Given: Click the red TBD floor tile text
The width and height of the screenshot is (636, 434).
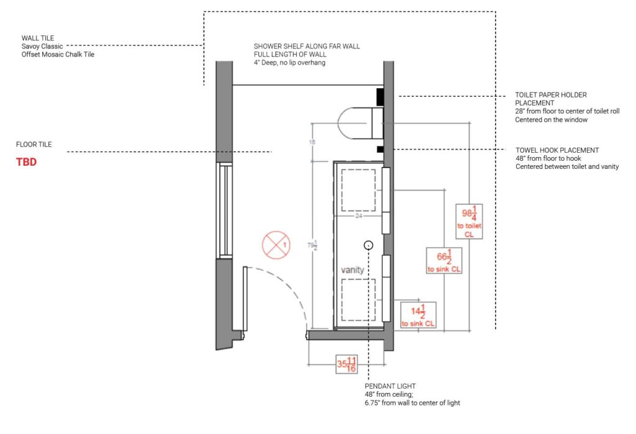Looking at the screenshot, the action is coord(26,162).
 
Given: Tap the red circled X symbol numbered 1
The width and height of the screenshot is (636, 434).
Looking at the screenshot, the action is coord(276,245).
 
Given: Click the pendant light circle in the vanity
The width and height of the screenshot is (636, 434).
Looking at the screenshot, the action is coord(368,245).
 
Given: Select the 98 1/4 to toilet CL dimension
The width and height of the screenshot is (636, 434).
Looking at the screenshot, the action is coord(470,222).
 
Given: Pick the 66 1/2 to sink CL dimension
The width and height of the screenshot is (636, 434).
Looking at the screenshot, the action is coord(444,260).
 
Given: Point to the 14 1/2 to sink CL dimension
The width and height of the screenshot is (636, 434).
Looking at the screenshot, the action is coord(418,315).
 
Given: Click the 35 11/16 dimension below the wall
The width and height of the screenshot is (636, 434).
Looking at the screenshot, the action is coord(347,364).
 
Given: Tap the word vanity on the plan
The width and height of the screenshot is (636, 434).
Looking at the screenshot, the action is coord(353,270).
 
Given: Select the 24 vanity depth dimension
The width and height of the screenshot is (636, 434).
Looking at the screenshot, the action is coord(358,216).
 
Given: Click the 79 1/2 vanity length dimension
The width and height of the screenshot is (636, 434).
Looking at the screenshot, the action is coord(312,245).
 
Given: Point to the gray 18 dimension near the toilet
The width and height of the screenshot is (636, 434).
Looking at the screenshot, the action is coord(312,142).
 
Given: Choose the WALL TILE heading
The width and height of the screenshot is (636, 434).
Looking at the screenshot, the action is coord(38,38).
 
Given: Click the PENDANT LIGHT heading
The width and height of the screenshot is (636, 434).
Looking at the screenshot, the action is coord(390,386).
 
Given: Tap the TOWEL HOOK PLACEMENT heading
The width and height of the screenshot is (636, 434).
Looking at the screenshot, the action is coord(557,150).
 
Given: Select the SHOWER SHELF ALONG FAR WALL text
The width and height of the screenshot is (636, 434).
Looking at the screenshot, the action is coord(307,46).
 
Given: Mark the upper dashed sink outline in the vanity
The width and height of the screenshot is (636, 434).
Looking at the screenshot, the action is coord(358,190).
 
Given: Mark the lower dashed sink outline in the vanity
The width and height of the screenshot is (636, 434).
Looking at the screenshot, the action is coord(358,300).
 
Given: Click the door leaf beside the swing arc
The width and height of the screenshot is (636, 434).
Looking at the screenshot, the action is coord(245,298).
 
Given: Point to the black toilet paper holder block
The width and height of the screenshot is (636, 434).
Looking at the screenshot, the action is coord(380,97).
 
